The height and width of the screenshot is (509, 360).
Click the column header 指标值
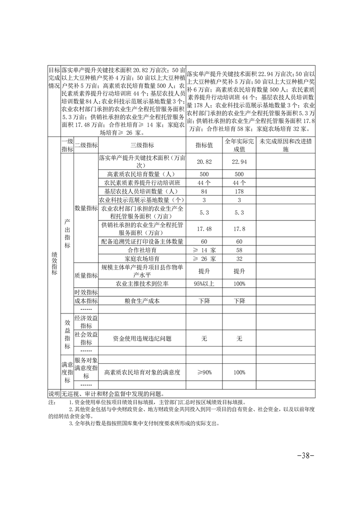[204, 145]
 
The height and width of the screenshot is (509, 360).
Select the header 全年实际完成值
[239, 145]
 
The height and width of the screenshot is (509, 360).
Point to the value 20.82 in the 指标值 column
[204, 162]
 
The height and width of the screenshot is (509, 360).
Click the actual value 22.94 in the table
[239, 162]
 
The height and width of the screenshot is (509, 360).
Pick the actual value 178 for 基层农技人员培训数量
[239, 191]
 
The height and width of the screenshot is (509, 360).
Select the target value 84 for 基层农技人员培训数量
[204, 191]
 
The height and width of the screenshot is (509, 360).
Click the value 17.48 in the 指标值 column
[204, 229]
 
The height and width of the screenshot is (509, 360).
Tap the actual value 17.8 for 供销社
[239, 229]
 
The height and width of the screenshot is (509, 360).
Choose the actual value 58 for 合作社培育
[239, 250]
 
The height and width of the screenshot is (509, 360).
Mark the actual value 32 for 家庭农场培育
[239, 259]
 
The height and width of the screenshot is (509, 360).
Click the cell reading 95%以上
[204, 284]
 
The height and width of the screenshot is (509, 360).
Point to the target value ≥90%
[204, 372]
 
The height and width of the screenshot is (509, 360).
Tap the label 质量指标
[86, 275]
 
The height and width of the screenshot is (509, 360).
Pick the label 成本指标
[86, 301]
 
